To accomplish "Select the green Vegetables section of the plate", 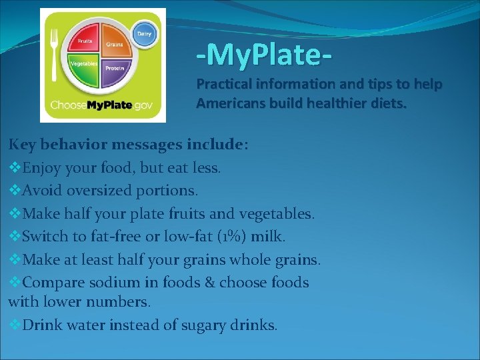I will pos(85,69).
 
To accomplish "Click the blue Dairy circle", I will pos(143,34).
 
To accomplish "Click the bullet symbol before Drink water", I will pos(14,325).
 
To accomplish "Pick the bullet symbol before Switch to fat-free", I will pos(14,236).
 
